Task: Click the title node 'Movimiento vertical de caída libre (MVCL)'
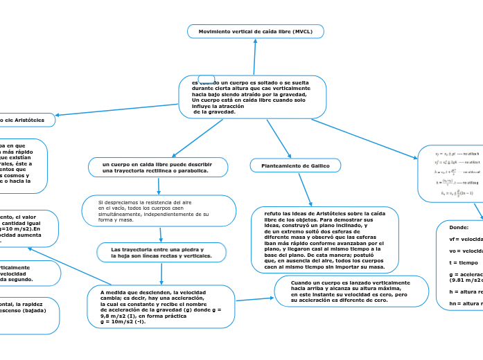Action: pos(255,32)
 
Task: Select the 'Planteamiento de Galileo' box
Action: pos(295,165)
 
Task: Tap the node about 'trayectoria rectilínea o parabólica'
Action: pos(158,167)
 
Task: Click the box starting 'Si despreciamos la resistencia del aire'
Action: pos(159,210)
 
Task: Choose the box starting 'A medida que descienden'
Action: pos(161,307)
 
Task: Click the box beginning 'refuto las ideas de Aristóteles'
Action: pos(324,240)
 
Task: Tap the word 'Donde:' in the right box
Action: pos(459,227)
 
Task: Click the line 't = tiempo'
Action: pos(464,262)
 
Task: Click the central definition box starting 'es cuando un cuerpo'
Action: pos(252,97)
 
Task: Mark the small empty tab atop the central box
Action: pos(206,78)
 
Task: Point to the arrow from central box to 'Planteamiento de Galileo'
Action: pos(279,138)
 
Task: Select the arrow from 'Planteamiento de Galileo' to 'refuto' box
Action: pos(305,189)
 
